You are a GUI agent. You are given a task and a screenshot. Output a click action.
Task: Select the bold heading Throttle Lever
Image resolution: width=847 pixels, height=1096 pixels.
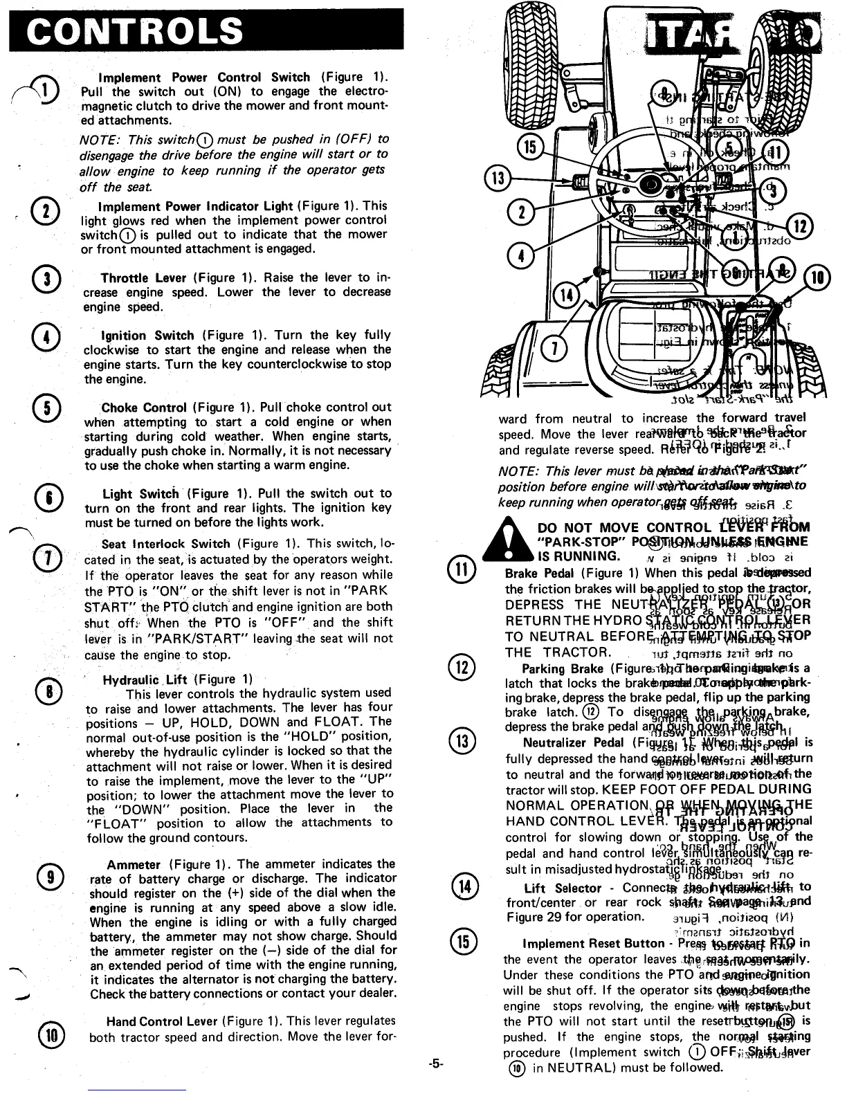(143, 278)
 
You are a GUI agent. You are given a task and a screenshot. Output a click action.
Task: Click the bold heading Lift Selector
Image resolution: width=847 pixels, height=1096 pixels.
(563, 888)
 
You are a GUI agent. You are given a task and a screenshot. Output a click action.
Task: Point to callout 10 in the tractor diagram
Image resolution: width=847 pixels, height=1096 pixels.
(817, 278)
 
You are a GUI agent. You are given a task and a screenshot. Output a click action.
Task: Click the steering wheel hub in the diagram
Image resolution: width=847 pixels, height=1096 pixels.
(651, 183)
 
